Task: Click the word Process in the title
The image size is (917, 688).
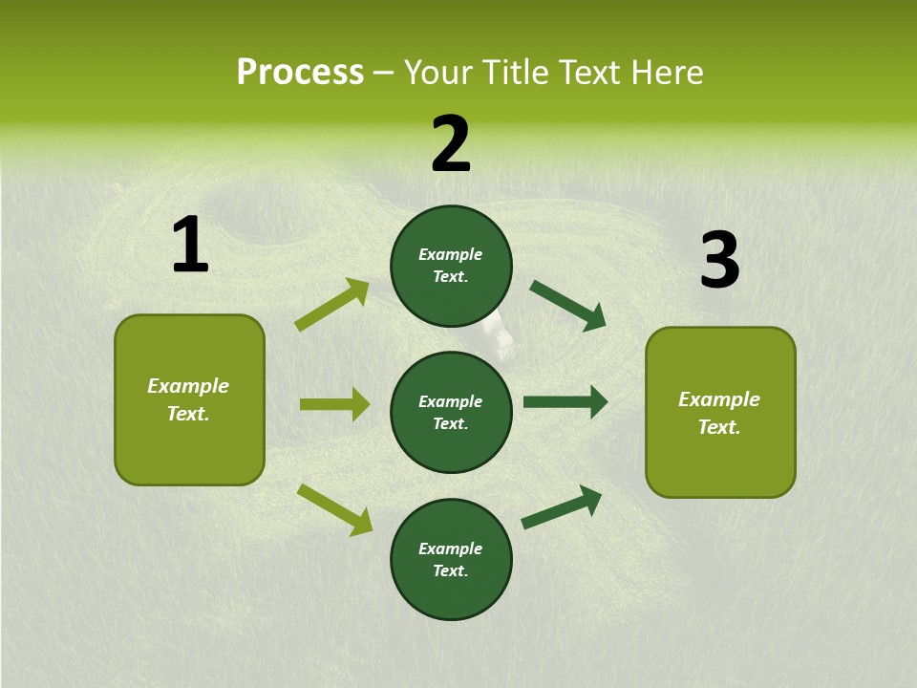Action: (300, 73)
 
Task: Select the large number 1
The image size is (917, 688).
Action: (190, 246)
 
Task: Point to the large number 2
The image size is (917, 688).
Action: (451, 144)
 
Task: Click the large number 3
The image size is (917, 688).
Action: (719, 261)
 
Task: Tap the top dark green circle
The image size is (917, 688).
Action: (451, 266)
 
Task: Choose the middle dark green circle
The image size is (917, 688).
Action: (451, 413)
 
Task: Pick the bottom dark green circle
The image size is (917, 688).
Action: (451, 560)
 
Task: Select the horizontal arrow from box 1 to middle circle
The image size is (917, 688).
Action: (334, 404)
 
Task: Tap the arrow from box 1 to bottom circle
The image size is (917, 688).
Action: (334, 509)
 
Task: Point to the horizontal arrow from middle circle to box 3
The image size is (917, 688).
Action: (565, 402)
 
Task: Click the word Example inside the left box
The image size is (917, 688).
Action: (188, 386)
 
